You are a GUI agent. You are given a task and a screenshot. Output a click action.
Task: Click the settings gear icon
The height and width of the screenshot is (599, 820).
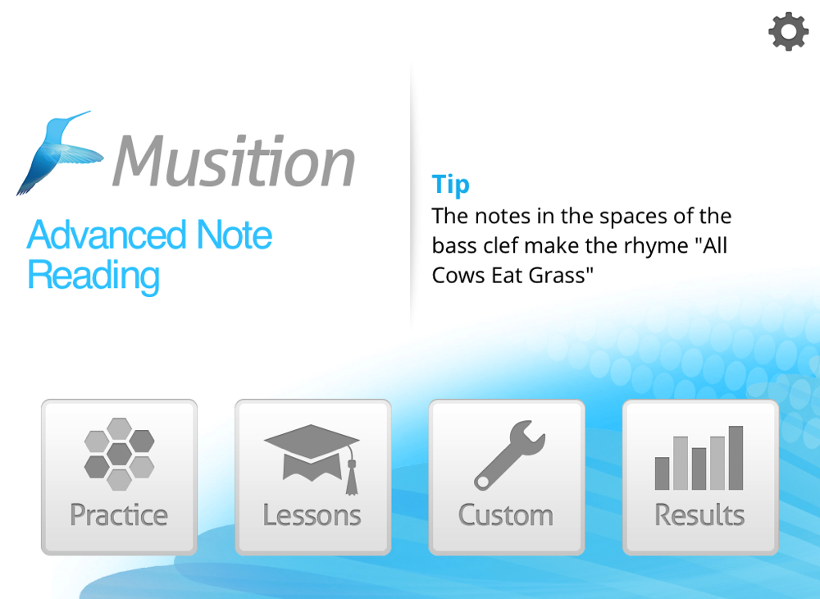pyautogui.click(x=788, y=32)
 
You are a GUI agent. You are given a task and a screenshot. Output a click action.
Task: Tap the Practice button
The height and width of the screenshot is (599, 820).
pyautogui.click(x=119, y=477)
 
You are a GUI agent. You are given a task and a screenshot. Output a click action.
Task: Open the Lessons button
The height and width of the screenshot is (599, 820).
pyautogui.click(x=312, y=477)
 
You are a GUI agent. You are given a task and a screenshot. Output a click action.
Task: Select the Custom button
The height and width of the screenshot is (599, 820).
pyautogui.click(x=506, y=477)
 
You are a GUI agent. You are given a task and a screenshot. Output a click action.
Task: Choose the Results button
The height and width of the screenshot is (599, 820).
pyautogui.click(x=700, y=477)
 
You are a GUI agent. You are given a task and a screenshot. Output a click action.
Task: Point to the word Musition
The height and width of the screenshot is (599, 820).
pyautogui.click(x=234, y=161)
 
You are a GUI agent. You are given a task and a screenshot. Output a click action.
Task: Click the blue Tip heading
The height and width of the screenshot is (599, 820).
pyautogui.click(x=451, y=185)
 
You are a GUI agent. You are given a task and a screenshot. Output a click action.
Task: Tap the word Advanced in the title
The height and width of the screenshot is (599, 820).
pyautogui.click(x=106, y=235)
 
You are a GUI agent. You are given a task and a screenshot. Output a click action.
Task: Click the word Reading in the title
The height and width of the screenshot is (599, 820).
pyautogui.click(x=93, y=277)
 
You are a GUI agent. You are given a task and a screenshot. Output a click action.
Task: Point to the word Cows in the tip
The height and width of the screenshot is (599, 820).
pyautogui.click(x=458, y=275)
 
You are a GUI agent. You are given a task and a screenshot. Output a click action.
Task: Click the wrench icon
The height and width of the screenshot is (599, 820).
pyautogui.click(x=509, y=455)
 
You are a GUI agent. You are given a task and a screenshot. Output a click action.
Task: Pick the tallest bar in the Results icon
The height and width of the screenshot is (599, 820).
pyautogui.click(x=736, y=458)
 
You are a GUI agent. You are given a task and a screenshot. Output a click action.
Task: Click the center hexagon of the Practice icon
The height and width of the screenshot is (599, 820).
pyautogui.click(x=119, y=454)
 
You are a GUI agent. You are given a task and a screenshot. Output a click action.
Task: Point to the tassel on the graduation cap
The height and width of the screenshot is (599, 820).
pyautogui.click(x=352, y=476)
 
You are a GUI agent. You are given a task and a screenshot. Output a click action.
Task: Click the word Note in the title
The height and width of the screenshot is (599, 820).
pyautogui.click(x=235, y=235)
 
